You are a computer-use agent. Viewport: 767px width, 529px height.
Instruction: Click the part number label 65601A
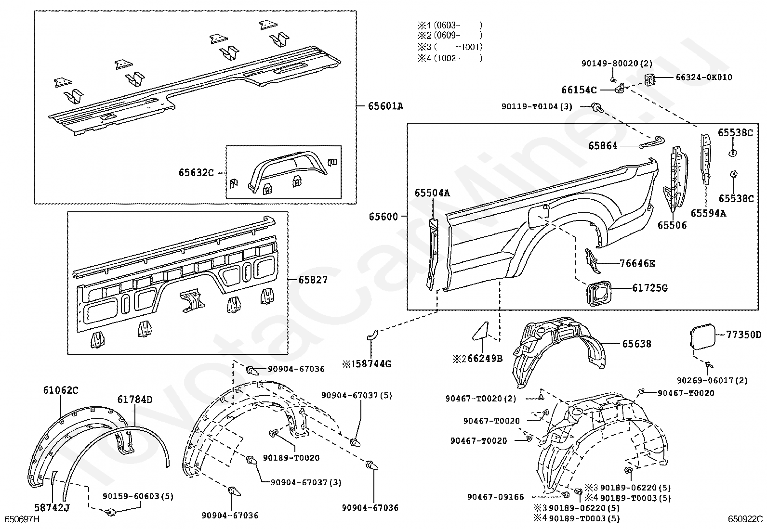385,106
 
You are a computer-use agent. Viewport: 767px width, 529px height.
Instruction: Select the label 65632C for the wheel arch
196,173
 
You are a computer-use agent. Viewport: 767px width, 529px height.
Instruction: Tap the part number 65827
313,280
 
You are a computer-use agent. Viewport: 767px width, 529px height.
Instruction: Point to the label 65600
383,217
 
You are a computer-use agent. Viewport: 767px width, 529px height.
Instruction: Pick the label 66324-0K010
704,77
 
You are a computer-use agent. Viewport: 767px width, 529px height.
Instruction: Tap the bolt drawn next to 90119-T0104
597,108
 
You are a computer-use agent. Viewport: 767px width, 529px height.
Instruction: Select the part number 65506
672,225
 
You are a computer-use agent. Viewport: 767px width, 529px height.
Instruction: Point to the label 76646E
637,263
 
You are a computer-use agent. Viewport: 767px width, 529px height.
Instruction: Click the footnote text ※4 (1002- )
450,58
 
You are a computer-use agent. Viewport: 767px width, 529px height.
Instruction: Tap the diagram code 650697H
22,519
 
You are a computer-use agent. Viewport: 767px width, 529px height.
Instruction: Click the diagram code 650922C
745,519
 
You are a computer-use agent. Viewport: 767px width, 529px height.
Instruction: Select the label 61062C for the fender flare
61,390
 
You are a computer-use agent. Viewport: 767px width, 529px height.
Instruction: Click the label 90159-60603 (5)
138,496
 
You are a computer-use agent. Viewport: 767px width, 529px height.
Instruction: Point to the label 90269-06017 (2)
712,380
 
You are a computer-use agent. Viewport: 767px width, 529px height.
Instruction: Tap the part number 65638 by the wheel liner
636,344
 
